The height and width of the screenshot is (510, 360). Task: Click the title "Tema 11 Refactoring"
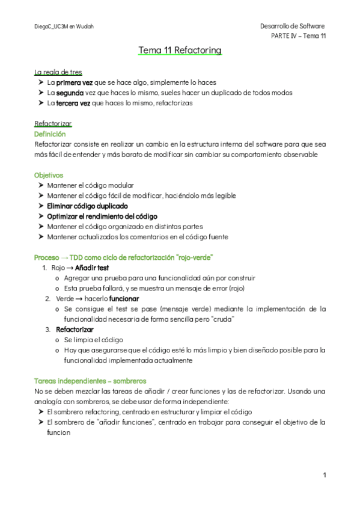click(180, 50)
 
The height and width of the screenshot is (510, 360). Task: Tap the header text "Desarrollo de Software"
click(292, 26)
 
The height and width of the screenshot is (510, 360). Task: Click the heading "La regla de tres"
click(58, 72)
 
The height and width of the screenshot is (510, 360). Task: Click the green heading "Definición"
click(50, 134)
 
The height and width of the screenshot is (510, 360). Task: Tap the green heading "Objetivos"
click(49, 175)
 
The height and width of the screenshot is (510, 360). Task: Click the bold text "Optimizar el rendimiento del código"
click(102, 216)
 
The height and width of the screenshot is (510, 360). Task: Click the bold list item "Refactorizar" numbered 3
click(75, 330)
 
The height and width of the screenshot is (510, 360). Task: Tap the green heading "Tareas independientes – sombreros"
click(90, 381)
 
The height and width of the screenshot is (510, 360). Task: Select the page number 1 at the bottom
click(324, 475)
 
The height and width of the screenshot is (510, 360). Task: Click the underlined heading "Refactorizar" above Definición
click(53, 124)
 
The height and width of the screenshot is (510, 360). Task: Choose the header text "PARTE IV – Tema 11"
click(299, 36)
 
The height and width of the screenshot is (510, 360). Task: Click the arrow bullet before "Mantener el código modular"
click(40, 185)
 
